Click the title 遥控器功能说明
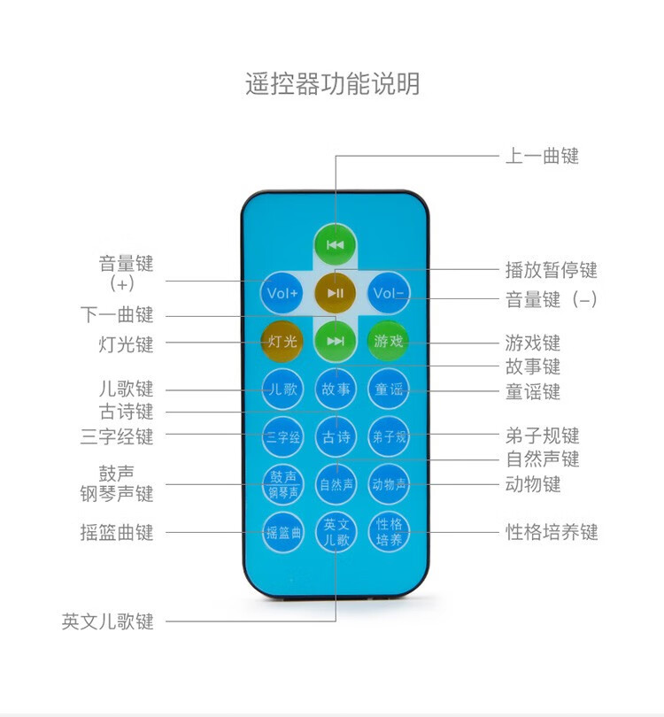333,84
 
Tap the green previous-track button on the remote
336,244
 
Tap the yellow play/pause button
336,293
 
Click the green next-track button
336,341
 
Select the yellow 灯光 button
282,341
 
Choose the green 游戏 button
389,341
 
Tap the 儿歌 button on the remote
282,389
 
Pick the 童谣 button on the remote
389,389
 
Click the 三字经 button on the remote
282,436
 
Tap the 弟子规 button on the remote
389,436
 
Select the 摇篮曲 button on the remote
283,532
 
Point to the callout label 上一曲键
542,156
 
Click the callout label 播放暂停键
551,270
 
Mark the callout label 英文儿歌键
108,621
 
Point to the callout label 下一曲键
117,315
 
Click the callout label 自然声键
543,459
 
